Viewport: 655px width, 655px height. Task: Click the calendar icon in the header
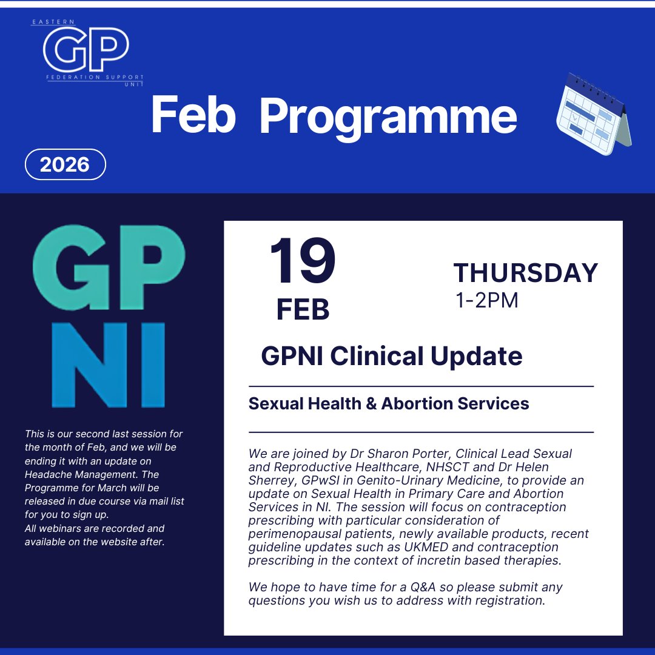tap(593, 114)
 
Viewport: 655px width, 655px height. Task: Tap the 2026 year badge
tap(65, 164)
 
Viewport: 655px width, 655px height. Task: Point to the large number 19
tap(303, 262)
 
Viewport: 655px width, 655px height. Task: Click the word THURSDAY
tap(525, 273)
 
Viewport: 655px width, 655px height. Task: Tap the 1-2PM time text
tap(487, 300)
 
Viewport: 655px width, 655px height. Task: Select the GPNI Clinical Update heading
tap(391, 356)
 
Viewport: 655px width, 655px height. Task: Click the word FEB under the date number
tap(303, 309)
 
